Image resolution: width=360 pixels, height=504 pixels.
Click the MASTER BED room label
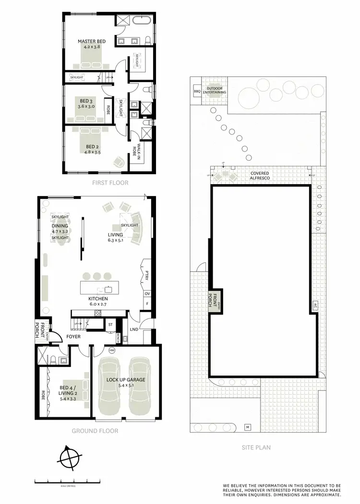92,42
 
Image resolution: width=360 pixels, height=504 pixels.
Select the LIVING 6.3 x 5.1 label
115,237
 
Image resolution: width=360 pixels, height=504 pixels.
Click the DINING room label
60,226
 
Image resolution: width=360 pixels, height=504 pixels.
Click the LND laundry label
134,329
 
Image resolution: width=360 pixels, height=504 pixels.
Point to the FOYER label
73,337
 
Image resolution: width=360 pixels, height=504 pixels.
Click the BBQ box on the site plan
197,91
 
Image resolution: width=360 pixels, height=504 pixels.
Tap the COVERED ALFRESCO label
259,176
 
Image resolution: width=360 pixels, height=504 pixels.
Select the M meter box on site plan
248,427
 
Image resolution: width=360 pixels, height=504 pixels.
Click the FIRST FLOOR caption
111,183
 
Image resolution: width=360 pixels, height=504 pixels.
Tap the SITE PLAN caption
256,447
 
